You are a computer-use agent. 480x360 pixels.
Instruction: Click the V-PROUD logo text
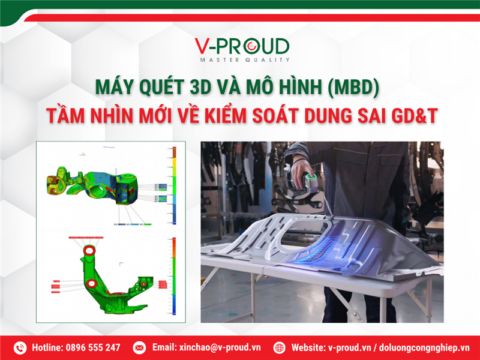tap(242, 47)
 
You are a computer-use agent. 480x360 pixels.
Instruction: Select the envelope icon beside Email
tap(139, 347)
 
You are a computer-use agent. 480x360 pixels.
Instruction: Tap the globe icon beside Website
tap(279, 347)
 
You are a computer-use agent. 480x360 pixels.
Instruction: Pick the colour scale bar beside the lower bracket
tap(174, 276)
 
